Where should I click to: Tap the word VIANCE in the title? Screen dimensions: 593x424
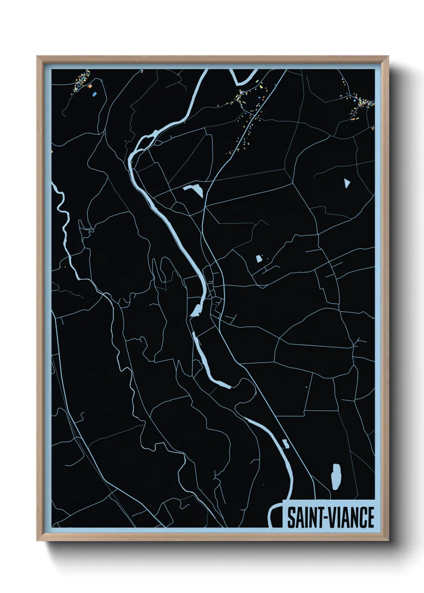click(352, 518)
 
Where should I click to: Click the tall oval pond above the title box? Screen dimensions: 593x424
click(336, 476)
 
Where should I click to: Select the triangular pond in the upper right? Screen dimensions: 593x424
click(347, 183)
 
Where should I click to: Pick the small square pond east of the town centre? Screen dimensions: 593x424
click(259, 259)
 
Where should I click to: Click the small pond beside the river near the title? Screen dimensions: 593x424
click(286, 444)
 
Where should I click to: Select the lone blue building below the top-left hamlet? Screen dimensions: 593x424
click(95, 95)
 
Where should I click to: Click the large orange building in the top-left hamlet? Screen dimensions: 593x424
click(91, 86)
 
